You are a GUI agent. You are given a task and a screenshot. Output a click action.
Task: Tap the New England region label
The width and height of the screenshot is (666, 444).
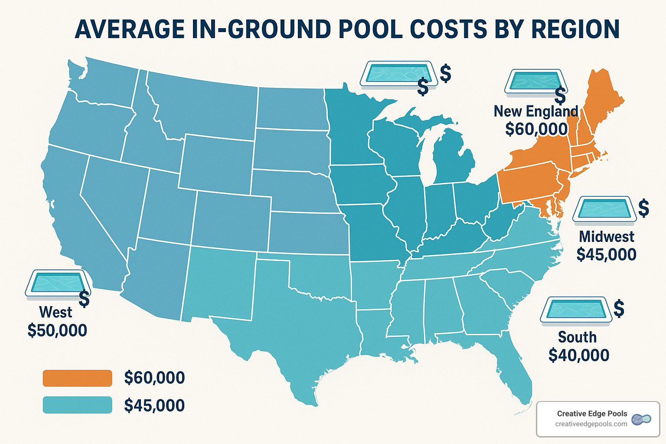536,111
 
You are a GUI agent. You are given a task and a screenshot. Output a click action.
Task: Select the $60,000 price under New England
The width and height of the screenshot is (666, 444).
536,129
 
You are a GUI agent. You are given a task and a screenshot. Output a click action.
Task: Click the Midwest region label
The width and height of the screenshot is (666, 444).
606,237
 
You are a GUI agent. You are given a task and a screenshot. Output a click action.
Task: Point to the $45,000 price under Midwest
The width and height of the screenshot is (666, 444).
606,255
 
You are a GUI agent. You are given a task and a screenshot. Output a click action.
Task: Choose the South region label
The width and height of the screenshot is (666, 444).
577,337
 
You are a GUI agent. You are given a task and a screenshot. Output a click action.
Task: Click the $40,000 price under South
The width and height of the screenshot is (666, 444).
578,356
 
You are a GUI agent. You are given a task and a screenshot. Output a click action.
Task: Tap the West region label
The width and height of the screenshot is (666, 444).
55,312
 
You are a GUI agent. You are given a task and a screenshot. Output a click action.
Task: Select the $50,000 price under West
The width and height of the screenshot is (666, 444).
57,330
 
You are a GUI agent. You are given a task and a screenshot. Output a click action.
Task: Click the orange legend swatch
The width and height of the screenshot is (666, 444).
77,378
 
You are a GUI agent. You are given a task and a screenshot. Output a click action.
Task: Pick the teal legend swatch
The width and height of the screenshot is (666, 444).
77,405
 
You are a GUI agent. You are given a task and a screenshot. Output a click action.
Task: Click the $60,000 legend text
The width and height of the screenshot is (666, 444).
154,378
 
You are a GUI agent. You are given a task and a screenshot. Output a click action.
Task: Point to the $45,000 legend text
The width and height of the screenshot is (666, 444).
154,405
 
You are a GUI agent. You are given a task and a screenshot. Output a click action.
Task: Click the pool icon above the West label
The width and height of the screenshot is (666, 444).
58,284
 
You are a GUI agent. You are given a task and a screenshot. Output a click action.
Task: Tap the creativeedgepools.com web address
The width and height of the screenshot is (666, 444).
591,424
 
